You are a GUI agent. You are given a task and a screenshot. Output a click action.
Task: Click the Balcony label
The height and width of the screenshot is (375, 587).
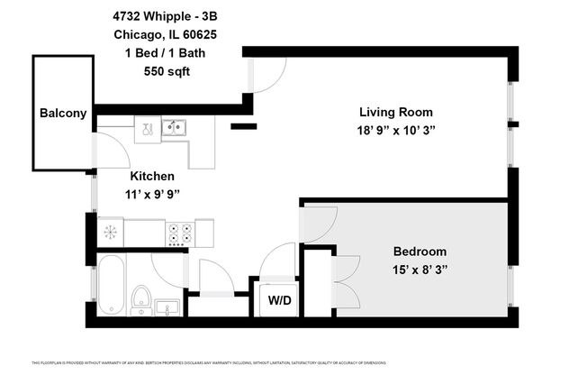pyautogui.click(x=63, y=114)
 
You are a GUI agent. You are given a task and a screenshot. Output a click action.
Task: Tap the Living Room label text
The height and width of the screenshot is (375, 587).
pyautogui.click(x=396, y=113)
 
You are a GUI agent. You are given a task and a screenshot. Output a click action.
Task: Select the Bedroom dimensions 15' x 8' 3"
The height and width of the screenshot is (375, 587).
pyautogui.click(x=420, y=270)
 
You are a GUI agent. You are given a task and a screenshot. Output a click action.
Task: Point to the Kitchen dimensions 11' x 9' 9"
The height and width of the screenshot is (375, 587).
pyautogui.click(x=152, y=193)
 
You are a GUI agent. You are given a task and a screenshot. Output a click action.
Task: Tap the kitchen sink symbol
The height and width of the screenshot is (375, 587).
pyautogui.click(x=174, y=127)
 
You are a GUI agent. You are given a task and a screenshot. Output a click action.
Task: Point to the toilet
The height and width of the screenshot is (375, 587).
pyautogui.click(x=141, y=297)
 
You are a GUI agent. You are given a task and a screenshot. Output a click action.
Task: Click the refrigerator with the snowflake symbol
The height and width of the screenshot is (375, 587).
pyautogui.click(x=111, y=233)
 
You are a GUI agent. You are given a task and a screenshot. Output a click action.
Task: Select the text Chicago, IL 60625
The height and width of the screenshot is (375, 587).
pyautogui.click(x=166, y=35)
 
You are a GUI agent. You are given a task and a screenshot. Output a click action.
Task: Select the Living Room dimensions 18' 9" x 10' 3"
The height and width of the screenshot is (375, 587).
pyautogui.click(x=396, y=130)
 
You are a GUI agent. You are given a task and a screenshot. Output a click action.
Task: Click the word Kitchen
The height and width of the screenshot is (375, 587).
pyautogui.click(x=152, y=176)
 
